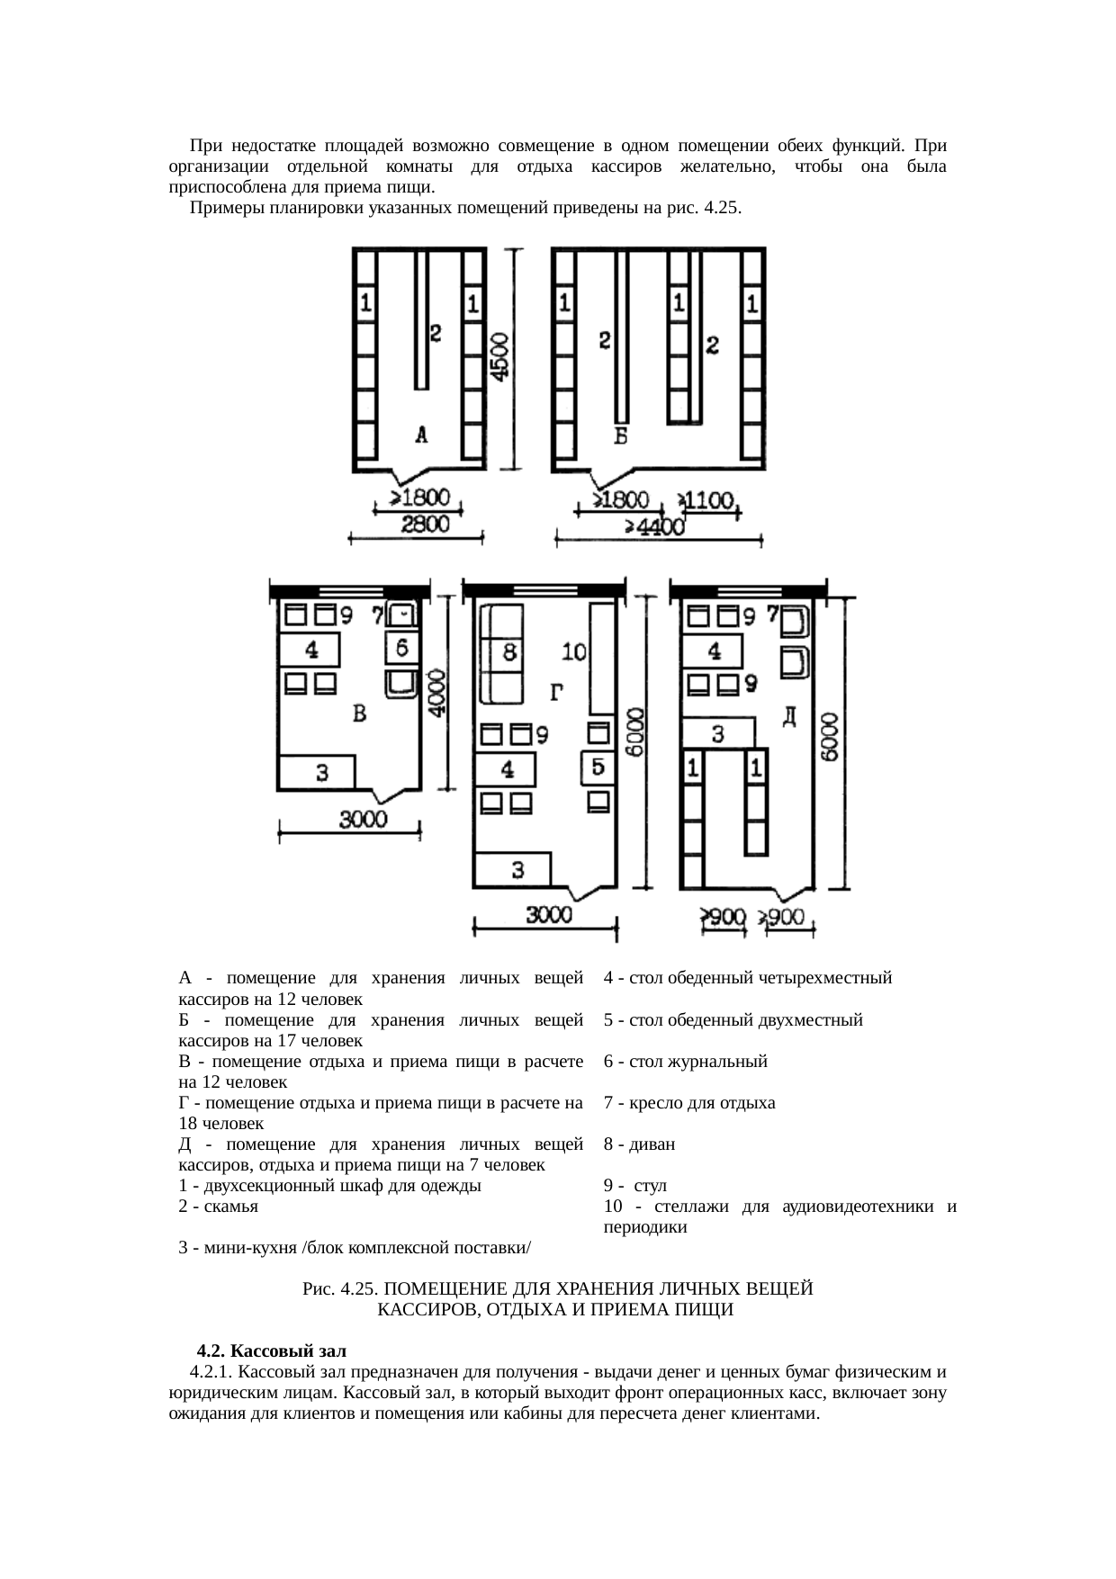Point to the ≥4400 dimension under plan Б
click(x=655, y=528)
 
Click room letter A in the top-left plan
click(x=421, y=435)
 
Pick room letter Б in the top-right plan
click(x=620, y=436)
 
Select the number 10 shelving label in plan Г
click(x=573, y=650)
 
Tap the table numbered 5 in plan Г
click(x=597, y=767)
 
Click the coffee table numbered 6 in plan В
click(x=401, y=647)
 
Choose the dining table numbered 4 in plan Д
click(x=714, y=650)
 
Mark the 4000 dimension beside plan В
click(x=436, y=693)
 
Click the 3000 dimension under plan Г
click(x=548, y=915)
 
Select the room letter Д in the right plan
click(x=789, y=716)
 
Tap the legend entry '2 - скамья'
click(x=219, y=1207)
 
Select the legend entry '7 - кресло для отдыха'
click(x=688, y=1103)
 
